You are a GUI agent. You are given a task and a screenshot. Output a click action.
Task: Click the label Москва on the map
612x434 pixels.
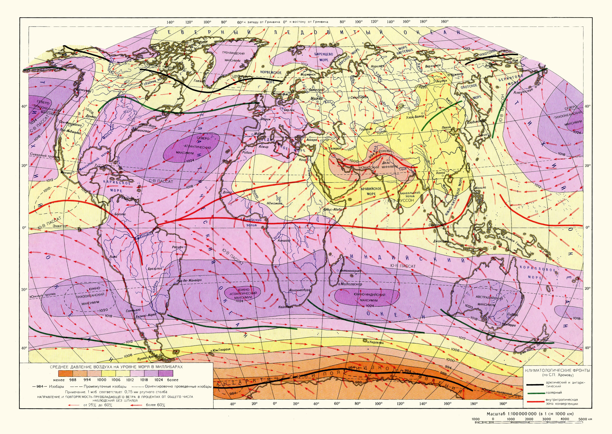pos(317,99)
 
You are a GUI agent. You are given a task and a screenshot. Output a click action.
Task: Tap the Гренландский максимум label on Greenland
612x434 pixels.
pos(233,57)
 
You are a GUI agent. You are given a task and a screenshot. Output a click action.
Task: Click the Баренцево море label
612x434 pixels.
pos(324,57)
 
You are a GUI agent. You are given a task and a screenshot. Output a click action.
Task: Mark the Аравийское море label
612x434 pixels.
pos(371,191)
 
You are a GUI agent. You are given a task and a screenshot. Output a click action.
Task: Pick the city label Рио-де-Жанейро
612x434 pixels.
pos(189,280)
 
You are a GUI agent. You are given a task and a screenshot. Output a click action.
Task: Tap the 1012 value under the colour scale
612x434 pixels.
pos(130,380)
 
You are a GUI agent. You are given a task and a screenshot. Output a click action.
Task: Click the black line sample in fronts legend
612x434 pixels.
pos(535,385)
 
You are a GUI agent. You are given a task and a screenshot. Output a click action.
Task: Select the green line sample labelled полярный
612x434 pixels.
pos(535,393)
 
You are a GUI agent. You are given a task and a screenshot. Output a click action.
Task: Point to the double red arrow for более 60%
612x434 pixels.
pos(137,405)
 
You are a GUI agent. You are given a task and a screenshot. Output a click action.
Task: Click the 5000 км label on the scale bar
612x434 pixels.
pos(585,419)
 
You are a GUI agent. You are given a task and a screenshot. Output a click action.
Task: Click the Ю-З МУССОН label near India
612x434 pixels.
pos(401,200)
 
